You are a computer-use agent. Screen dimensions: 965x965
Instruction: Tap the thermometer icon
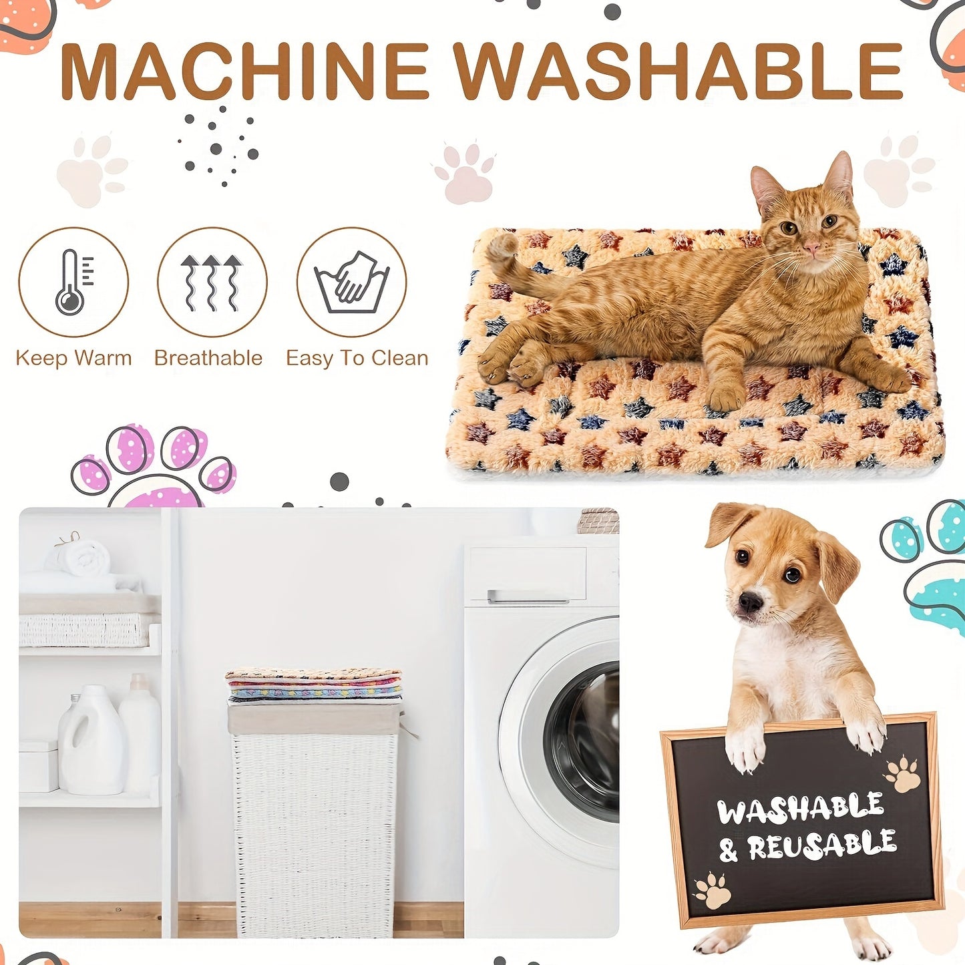coord(73,282)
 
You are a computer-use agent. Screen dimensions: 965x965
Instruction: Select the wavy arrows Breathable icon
coord(212,282)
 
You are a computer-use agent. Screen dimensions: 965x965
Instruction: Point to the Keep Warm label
coord(73,358)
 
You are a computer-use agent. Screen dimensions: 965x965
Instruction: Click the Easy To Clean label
coord(357,358)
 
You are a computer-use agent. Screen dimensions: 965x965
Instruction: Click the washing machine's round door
coord(574,741)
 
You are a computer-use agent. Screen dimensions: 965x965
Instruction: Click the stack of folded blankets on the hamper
coord(314,685)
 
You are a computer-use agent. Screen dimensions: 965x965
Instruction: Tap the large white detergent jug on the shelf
coord(91,741)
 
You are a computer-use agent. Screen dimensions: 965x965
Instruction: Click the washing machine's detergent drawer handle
coord(528,596)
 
